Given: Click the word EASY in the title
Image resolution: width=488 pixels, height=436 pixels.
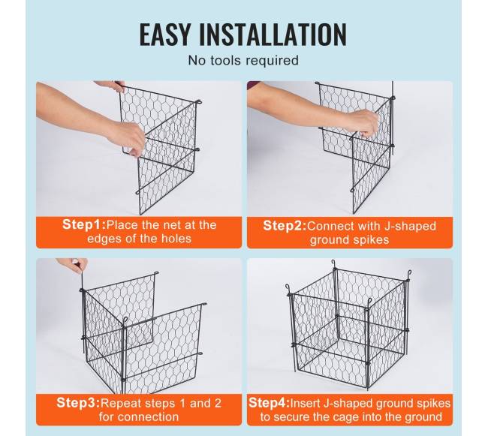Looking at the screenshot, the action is (164, 34).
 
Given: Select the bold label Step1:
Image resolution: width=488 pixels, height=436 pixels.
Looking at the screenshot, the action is (84, 224).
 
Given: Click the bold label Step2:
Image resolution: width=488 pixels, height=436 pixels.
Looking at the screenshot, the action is (285, 226).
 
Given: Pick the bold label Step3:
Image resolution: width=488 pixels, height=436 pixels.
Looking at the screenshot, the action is (78, 403).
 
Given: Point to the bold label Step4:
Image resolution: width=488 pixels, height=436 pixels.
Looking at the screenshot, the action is (269, 403).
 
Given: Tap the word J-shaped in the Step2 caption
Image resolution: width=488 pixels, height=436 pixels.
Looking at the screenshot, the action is (410, 227).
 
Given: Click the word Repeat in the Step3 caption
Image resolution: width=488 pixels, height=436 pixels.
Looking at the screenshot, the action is (120, 403).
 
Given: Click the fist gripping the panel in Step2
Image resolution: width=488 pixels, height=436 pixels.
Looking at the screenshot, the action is (363, 122).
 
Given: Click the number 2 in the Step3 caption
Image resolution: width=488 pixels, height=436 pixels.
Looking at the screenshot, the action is (218, 403).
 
